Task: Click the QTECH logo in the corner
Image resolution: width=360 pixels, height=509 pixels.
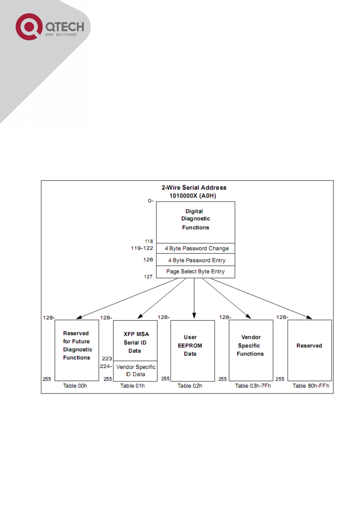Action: click(x=50, y=27)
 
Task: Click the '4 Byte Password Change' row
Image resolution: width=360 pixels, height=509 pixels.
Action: click(x=196, y=248)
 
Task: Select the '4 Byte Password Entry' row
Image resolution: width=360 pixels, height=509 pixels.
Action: click(x=196, y=260)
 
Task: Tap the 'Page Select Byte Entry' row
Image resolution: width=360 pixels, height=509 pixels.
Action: click(x=196, y=272)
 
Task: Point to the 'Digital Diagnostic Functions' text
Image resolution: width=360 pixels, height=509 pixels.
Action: click(x=195, y=219)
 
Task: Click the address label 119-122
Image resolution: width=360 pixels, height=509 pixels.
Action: click(x=142, y=248)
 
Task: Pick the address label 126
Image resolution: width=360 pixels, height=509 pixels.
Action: click(x=148, y=259)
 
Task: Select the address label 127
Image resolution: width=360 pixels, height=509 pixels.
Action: click(x=148, y=276)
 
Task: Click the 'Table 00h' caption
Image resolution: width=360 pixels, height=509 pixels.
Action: click(x=75, y=386)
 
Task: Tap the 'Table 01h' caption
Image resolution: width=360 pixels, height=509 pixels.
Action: click(x=132, y=386)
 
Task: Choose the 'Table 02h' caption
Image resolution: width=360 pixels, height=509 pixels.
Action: click(x=190, y=386)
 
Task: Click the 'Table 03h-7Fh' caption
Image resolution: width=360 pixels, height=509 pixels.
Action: click(x=253, y=386)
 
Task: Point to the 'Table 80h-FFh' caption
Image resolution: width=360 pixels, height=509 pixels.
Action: click(x=311, y=386)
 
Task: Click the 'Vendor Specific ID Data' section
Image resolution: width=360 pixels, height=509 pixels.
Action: click(x=135, y=371)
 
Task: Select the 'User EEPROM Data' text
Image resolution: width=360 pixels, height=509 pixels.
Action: click(x=190, y=345)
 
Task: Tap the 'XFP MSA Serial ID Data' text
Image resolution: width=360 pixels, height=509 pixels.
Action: click(x=136, y=342)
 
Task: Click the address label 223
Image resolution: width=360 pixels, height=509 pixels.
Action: click(x=107, y=359)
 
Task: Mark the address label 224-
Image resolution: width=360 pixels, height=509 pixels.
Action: click(x=106, y=366)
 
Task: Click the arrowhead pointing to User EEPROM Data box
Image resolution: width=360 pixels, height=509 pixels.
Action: click(x=194, y=316)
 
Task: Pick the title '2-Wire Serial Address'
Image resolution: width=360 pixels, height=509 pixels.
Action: click(x=194, y=188)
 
